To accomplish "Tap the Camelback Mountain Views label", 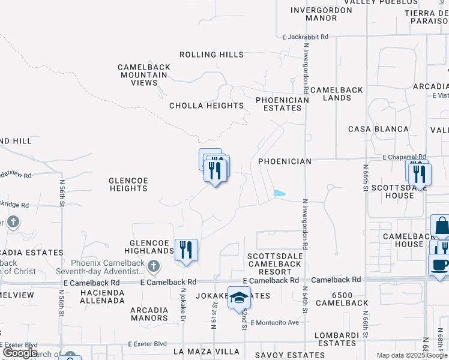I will [x=144, y=75].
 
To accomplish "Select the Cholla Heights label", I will [x=206, y=106].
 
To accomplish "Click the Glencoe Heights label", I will [x=128, y=184].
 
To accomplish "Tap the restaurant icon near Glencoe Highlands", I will [x=186, y=249].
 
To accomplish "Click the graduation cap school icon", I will [x=239, y=297].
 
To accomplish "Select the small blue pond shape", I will [x=279, y=193].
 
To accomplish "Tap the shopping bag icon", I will [x=441, y=226].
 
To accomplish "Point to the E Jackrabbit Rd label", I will [x=306, y=37].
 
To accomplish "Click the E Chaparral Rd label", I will [x=403, y=156].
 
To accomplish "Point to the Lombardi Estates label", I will [x=337, y=338].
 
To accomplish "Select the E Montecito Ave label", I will [x=275, y=323].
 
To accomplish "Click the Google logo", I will [x=20, y=353].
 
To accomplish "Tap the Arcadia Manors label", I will [x=149, y=314].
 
